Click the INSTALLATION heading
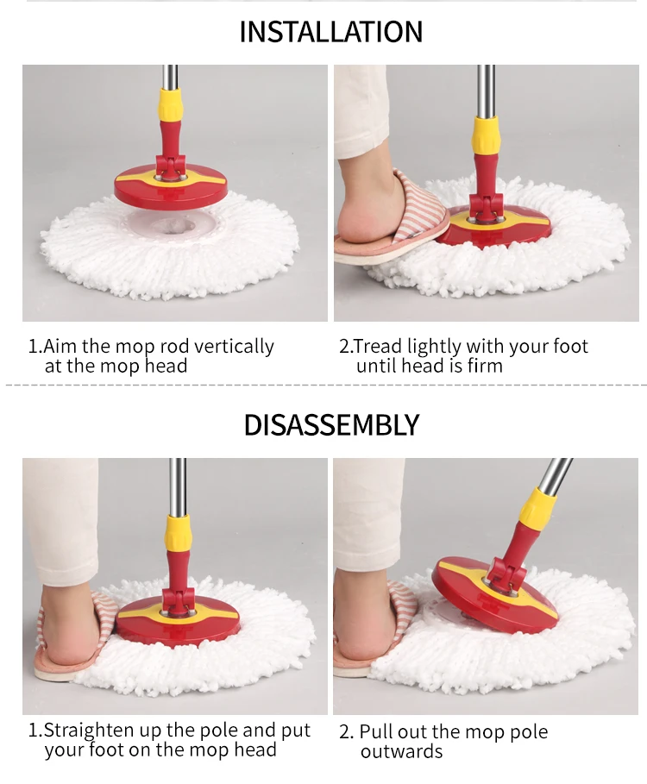click(x=331, y=32)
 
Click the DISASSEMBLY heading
click(x=331, y=425)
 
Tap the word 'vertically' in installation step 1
click(x=234, y=347)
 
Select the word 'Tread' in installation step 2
click(x=378, y=347)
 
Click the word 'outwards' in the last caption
click(x=401, y=751)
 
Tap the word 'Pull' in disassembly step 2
click(x=376, y=732)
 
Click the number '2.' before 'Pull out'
click(x=346, y=732)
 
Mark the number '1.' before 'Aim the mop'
click(x=35, y=347)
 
